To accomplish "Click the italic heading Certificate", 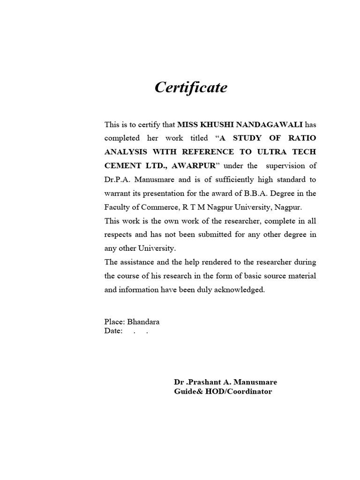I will (x=191, y=88).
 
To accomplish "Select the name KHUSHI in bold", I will (x=210, y=125).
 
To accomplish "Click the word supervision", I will (x=286, y=165).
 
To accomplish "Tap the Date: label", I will (x=113, y=331).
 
